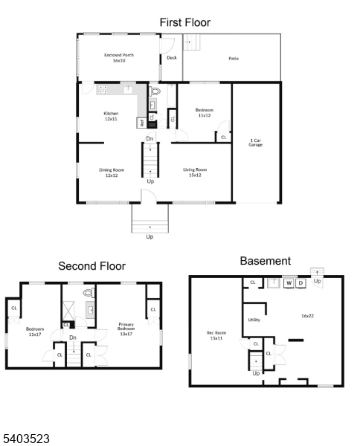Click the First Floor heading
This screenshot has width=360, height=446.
point(185,23)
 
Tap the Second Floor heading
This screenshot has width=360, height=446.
point(92,265)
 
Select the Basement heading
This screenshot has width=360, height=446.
point(265,261)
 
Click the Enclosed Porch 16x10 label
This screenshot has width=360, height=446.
point(118,58)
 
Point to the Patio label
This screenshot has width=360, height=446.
point(233,57)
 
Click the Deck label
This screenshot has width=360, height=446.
point(171,57)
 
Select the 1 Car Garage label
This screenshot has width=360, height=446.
point(255,142)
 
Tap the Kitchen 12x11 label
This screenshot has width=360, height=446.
point(111,116)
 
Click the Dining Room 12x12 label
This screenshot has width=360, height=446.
point(112,172)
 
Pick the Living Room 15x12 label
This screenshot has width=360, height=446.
point(195,172)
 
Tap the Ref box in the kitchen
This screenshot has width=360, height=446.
point(141,123)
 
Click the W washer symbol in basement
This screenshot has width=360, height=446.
point(288,283)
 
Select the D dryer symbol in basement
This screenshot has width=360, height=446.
point(300,283)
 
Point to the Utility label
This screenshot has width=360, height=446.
point(254,320)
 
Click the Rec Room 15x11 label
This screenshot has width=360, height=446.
point(216,335)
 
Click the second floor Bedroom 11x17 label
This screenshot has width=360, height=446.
point(35,332)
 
